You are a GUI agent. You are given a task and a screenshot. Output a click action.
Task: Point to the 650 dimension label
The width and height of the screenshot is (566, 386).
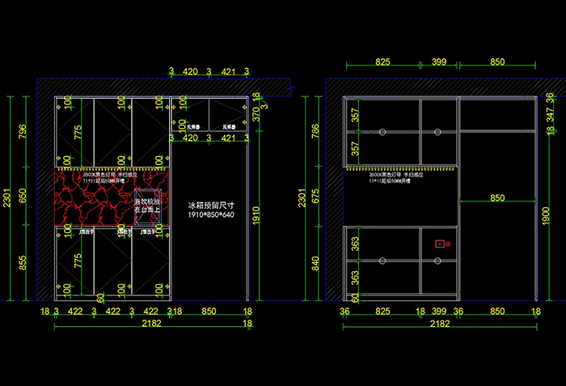tap(23, 195)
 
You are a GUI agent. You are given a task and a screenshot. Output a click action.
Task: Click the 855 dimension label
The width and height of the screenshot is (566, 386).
tap(23, 263)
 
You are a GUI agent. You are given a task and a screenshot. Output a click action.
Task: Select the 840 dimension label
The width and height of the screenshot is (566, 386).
tap(316, 265)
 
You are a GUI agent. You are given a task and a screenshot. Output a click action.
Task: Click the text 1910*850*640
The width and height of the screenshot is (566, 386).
tap(210, 216)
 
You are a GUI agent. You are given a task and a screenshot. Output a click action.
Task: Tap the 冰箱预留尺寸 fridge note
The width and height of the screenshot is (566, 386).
tap(210, 206)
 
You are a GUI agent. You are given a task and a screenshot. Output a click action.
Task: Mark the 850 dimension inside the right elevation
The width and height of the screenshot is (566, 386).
tap(497, 197)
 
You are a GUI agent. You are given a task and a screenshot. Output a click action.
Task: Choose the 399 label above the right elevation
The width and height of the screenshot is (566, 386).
tap(439, 62)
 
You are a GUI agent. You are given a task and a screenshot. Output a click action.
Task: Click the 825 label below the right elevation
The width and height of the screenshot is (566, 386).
tap(383, 311)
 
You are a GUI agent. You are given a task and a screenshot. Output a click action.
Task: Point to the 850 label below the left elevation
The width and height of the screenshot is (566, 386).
tap(209, 311)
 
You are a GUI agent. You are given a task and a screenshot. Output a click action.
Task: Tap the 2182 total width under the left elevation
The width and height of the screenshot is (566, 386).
tap(150, 323)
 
